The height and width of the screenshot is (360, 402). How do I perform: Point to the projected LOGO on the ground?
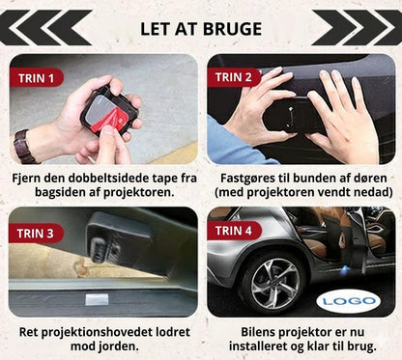pyautogui.click(x=346, y=302)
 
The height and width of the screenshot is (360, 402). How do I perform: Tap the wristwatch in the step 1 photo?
pyautogui.click(x=24, y=146)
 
